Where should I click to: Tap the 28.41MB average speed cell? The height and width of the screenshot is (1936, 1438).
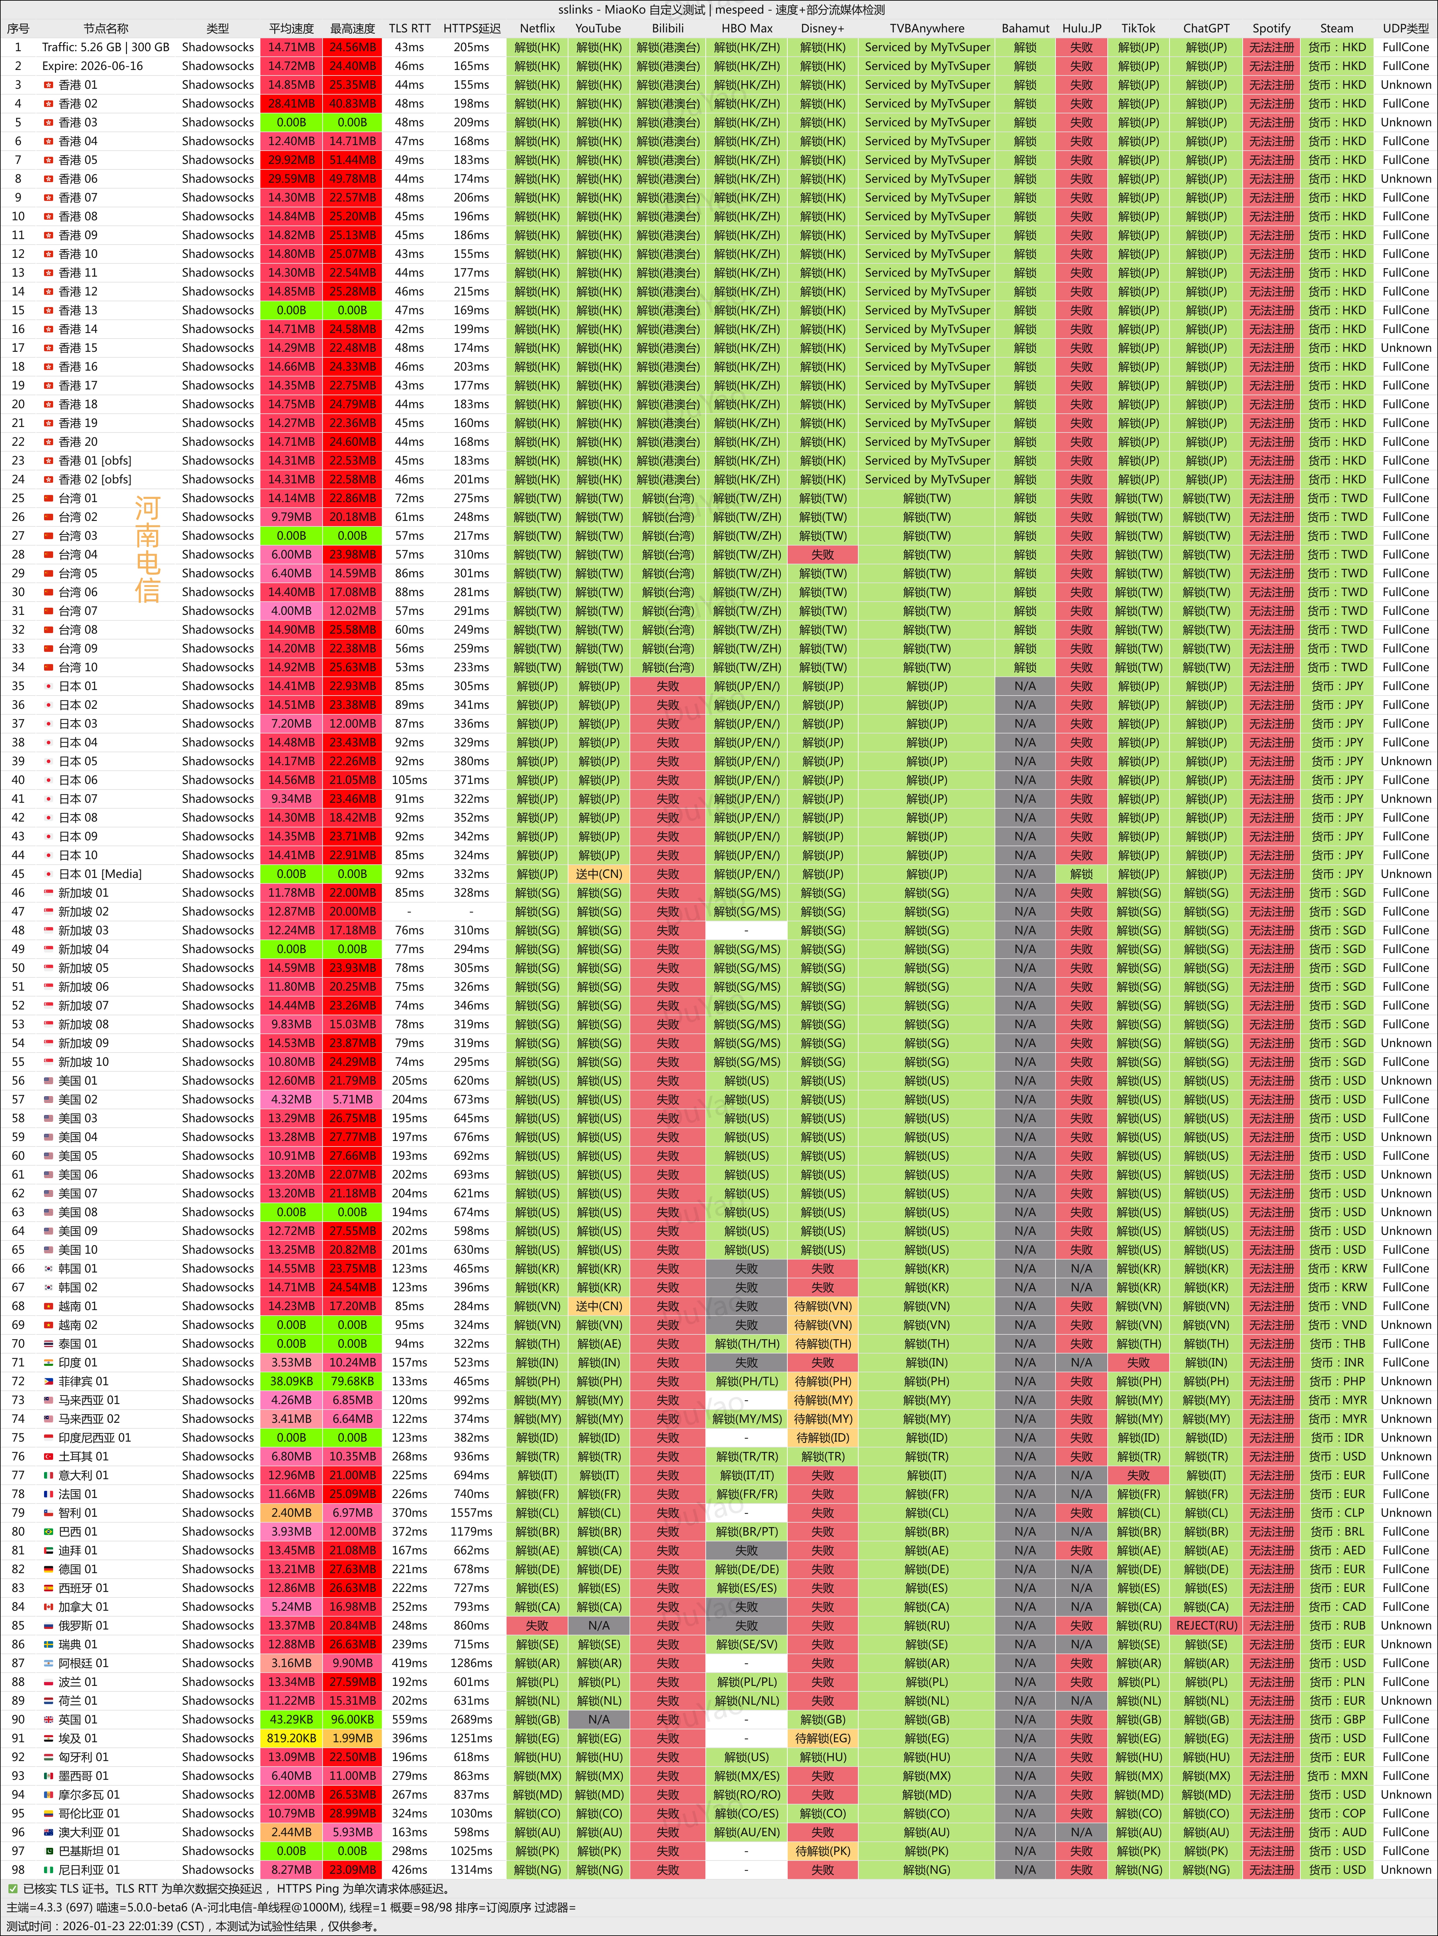pyautogui.click(x=291, y=104)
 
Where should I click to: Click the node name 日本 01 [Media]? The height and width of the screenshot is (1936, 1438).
pyautogui.click(x=99, y=874)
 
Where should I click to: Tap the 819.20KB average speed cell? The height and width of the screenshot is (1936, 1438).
pyautogui.click(x=291, y=1738)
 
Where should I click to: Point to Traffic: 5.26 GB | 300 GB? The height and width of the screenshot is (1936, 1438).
pyautogui.click(x=105, y=47)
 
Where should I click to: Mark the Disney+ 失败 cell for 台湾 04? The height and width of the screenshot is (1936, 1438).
pyautogui.click(x=823, y=555)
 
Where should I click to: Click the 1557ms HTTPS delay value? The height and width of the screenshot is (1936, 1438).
pyautogui.click(x=471, y=1513)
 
